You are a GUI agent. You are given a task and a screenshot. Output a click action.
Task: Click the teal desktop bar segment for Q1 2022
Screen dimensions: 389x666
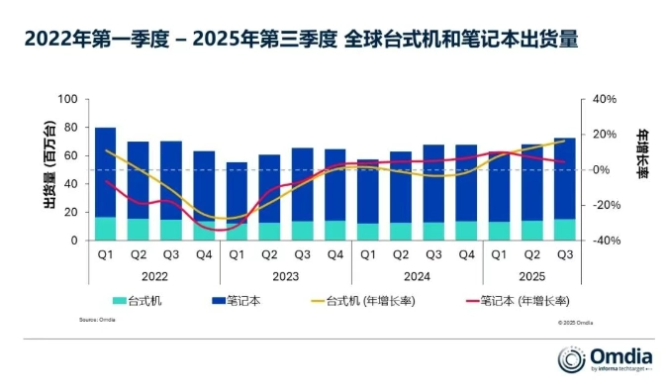[105, 229]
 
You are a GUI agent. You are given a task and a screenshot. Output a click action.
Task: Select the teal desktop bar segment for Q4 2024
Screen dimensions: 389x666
[465, 231]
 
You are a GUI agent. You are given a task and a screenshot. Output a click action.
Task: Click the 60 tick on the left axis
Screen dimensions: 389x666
[70, 156]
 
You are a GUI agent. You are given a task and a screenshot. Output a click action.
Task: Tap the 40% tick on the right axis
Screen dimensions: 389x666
[605, 100]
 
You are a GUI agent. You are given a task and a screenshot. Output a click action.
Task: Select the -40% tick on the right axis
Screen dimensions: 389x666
[605, 241]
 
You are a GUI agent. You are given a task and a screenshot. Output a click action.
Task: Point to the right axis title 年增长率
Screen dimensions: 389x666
[640, 154]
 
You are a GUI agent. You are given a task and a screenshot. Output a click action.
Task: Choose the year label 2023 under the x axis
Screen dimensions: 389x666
[286, 277]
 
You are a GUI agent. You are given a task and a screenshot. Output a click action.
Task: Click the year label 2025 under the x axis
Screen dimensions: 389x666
[531, 277]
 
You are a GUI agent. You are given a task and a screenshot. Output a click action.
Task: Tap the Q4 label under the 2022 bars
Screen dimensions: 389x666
[204, 255]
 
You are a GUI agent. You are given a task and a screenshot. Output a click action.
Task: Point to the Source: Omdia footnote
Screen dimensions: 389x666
[97, 320]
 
